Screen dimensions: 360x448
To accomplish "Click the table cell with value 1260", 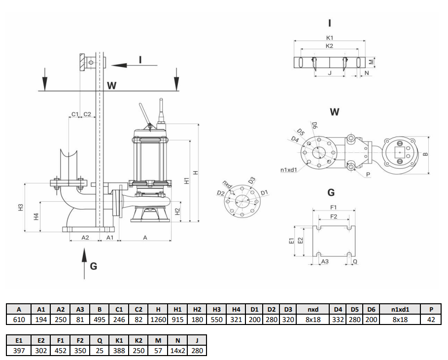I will pos(158,320).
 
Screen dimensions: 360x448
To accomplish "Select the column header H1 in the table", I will pos(178,309).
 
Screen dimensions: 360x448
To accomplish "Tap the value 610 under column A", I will pos(19,320).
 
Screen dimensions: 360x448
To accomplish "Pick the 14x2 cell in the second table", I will pos(178,351).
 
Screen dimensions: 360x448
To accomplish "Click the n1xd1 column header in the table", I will pos(400,309).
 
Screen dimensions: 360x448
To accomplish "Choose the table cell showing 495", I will pos(99,320).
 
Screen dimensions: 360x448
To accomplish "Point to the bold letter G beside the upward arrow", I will pos(94,266).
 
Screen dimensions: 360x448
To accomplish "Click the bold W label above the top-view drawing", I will pos(335,112).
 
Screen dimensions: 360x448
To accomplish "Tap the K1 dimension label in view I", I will pos(330,37).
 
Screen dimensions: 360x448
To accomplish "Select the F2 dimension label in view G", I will pos(334,216).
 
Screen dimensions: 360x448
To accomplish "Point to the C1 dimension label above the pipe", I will pos(74,114).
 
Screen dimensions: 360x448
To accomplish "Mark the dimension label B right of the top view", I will pos(426,154).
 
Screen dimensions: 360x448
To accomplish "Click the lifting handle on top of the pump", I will pos(144,114).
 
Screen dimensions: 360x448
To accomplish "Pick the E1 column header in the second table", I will pos(19,340).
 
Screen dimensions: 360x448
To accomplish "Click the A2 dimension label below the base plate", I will pos(84,238).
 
